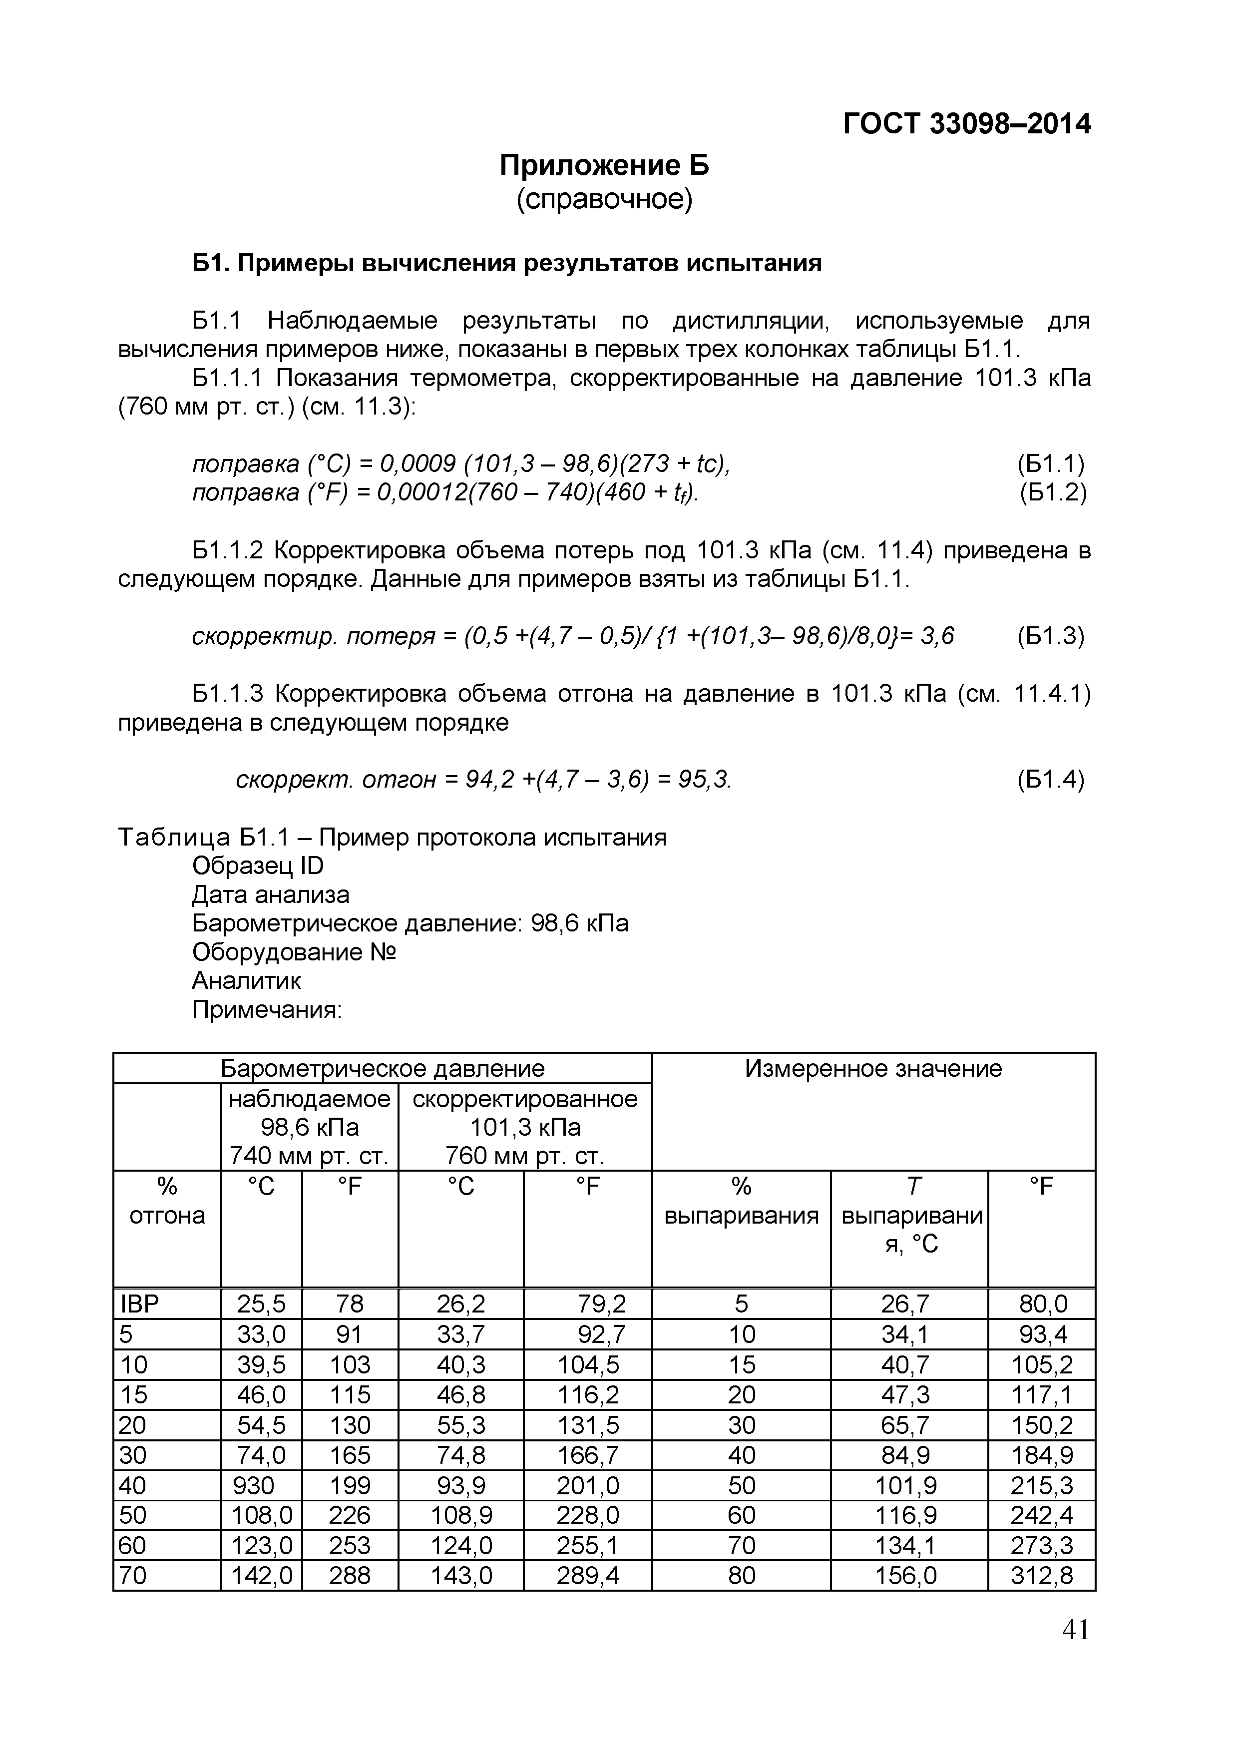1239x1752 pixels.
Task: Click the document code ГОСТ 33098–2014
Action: pos(967,124)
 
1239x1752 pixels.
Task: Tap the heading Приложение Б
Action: pos(604,165)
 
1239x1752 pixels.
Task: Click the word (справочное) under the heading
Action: pos(604,200)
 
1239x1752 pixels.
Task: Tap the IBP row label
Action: pos(140,1304)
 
